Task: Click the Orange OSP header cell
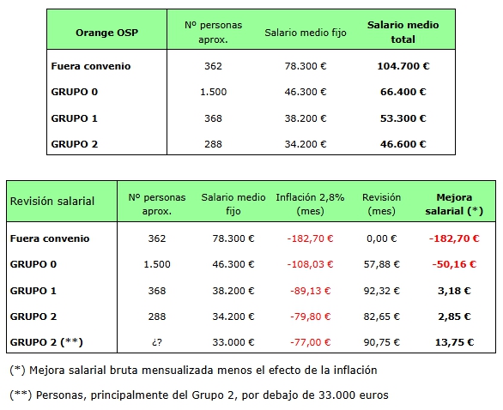(106, 33)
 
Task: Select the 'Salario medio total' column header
(403, 32)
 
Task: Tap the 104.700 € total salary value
(403, 66)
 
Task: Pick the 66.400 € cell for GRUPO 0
(403, 92)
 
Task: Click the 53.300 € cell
(403, 118)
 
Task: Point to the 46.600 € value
(403, 144)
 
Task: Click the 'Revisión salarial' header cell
(52, 202)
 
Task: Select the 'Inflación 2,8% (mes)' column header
(310, 204)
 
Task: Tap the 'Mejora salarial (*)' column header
(454, 204)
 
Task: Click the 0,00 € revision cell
(382, 238)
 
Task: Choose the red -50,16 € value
(454, 264)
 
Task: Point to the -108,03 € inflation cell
(310, 264)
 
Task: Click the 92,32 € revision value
(382, 291)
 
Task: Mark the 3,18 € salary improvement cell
(454, 291)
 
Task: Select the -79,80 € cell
(310, 317)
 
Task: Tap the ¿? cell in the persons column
(157, 342)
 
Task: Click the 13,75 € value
(454, 342)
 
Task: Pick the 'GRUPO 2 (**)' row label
(46, 342)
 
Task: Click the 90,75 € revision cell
(382, 342)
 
